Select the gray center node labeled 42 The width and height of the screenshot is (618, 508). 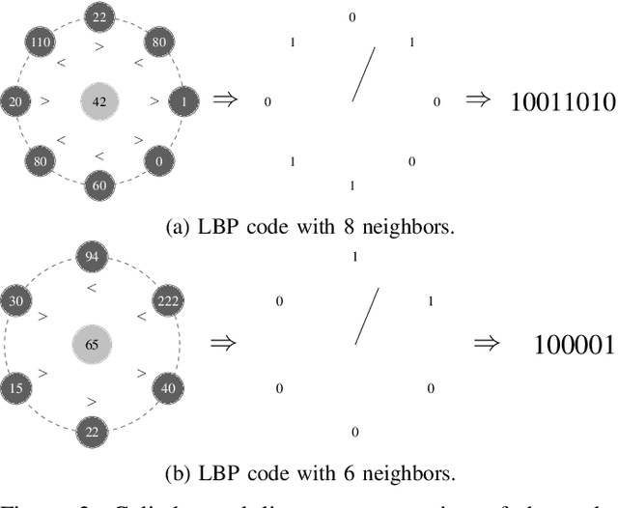99,100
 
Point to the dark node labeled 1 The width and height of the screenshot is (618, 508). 183,100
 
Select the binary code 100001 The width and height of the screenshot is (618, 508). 574,344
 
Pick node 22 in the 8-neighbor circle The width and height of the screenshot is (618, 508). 99,16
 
